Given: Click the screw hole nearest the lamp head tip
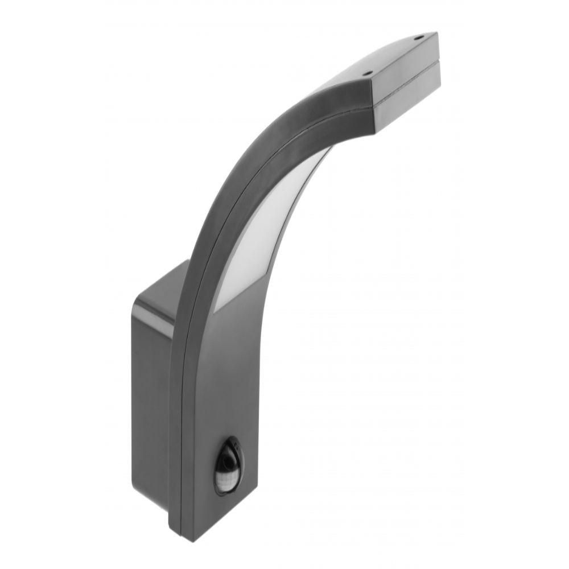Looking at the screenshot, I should click(x=418, y=39).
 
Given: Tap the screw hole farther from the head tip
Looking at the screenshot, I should click(x=368, y=73).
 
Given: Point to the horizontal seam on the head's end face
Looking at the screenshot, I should click(x=405, y=84).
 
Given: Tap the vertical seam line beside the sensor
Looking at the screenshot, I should click(x=183, y=455).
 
